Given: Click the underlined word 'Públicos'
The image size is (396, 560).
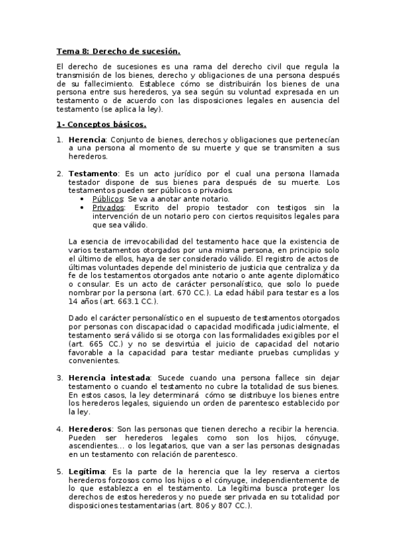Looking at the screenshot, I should (x=108, y=199).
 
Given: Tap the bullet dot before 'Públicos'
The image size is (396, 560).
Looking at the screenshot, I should (x=81, y=199).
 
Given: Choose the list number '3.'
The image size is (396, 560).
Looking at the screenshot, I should (x=59, y=376).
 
